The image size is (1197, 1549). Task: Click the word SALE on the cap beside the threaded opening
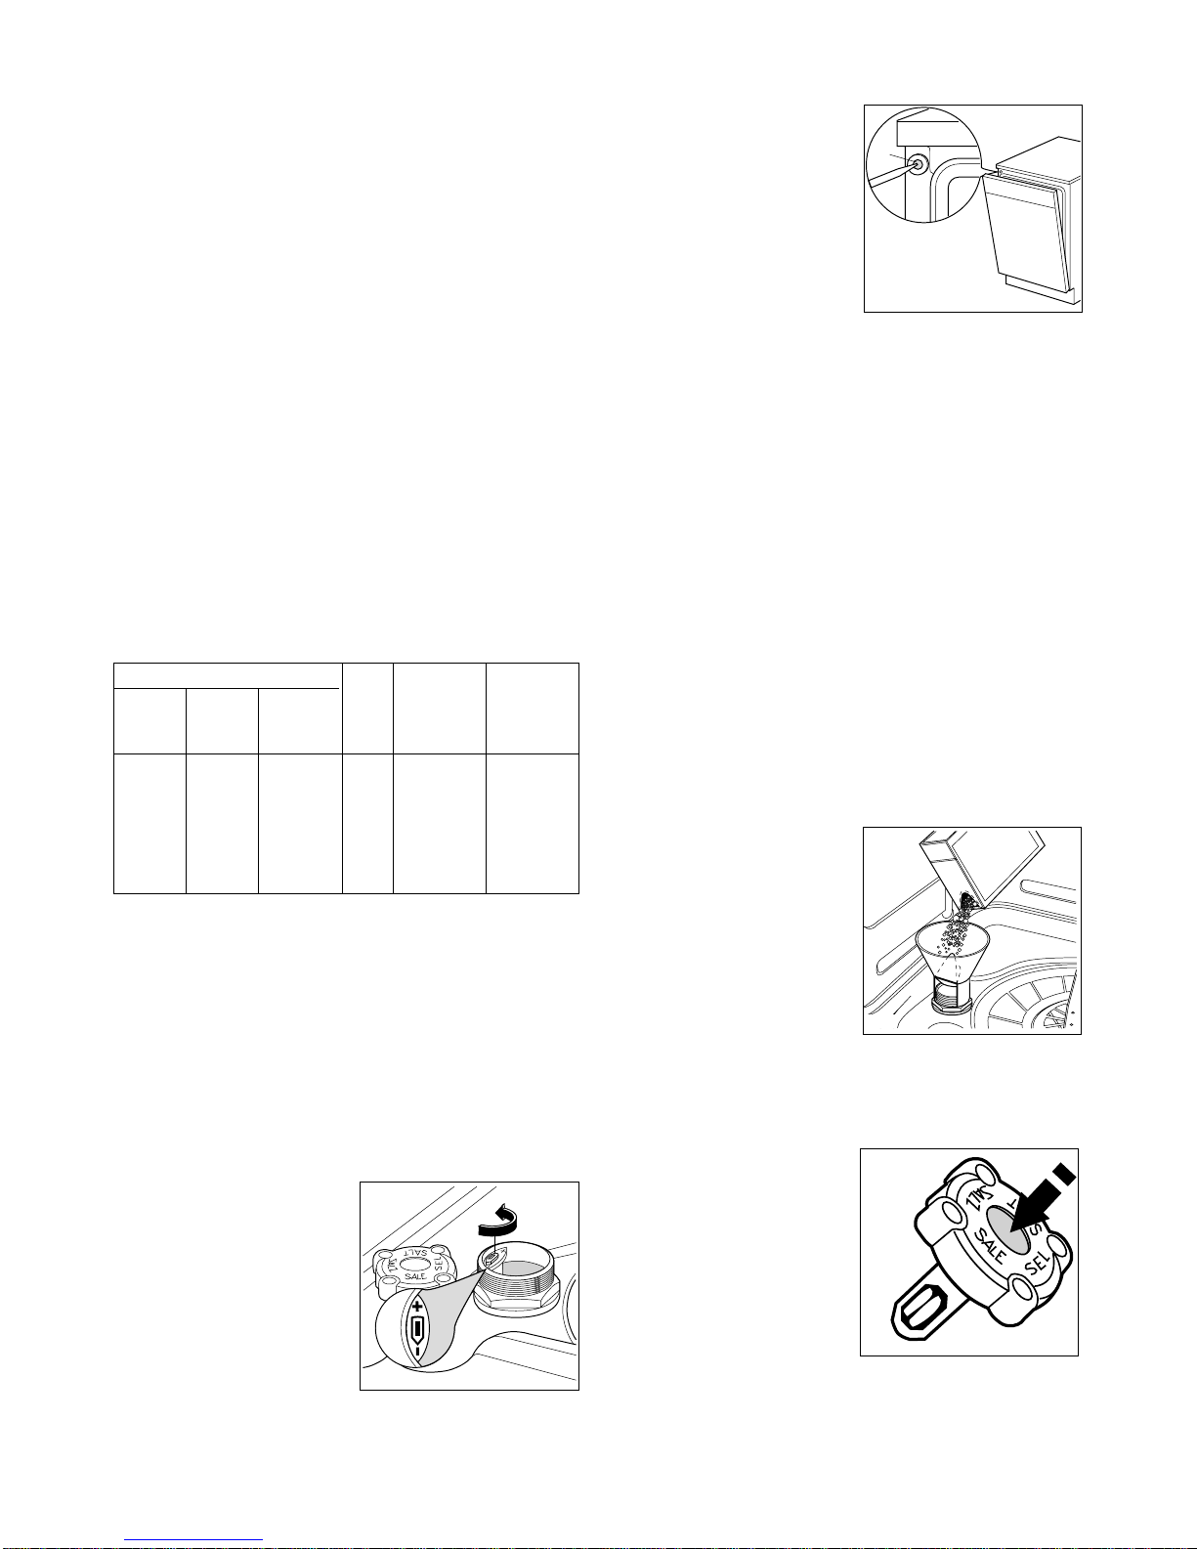[x=415, y=1276]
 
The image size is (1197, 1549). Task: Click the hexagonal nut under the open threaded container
[x=516, y=1299]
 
